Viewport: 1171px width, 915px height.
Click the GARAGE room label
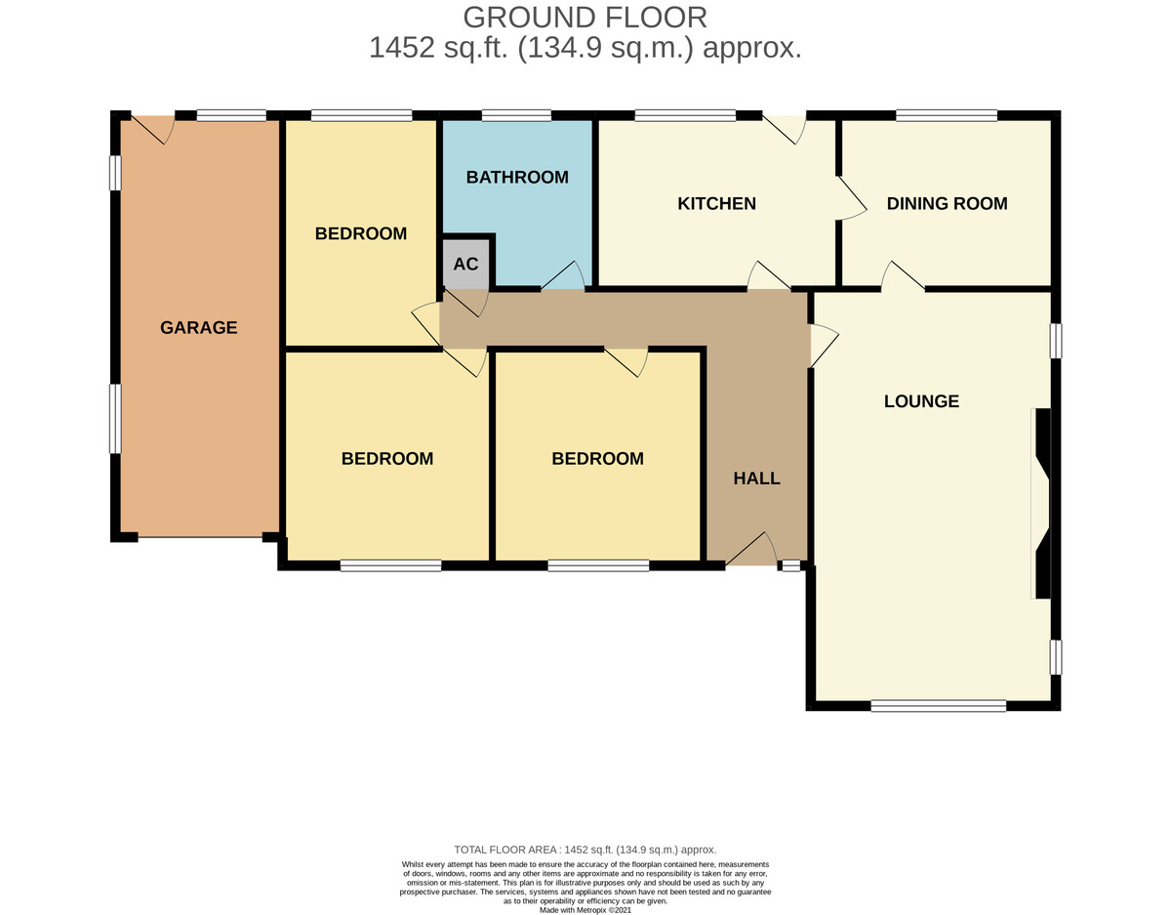[x=198, y=327]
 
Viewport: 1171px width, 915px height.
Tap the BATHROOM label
[x=517, y=177]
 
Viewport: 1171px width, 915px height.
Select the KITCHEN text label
[x=716, y=203]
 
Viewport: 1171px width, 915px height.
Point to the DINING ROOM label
[x=947, y=203]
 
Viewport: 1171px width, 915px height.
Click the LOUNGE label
[x=921, y=401]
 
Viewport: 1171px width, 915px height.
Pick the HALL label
[x=756, y=478]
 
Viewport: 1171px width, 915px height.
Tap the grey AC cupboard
[x=465, y=264]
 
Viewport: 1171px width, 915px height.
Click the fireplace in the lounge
[x=1042, y=503]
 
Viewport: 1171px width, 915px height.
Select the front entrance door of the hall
[x=751, y=549]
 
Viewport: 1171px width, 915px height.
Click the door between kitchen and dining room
[x=852, y=198]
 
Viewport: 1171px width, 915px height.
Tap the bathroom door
[x=563, y=275]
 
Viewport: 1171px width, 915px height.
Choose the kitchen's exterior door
[x=784, y=130]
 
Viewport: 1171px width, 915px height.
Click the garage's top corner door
[x=153, y=130]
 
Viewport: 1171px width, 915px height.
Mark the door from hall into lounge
[x=825, y=346]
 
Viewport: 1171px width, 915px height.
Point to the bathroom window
[x=516, y=115]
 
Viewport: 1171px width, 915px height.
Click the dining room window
[x=947, y=115]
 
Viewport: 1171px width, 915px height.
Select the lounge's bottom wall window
[x=938, y=706]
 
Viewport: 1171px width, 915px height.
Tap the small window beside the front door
[x=791, y=565]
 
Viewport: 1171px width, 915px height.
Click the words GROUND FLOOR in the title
[x=585, y=18]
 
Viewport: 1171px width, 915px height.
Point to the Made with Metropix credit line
[x=585, y=910]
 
